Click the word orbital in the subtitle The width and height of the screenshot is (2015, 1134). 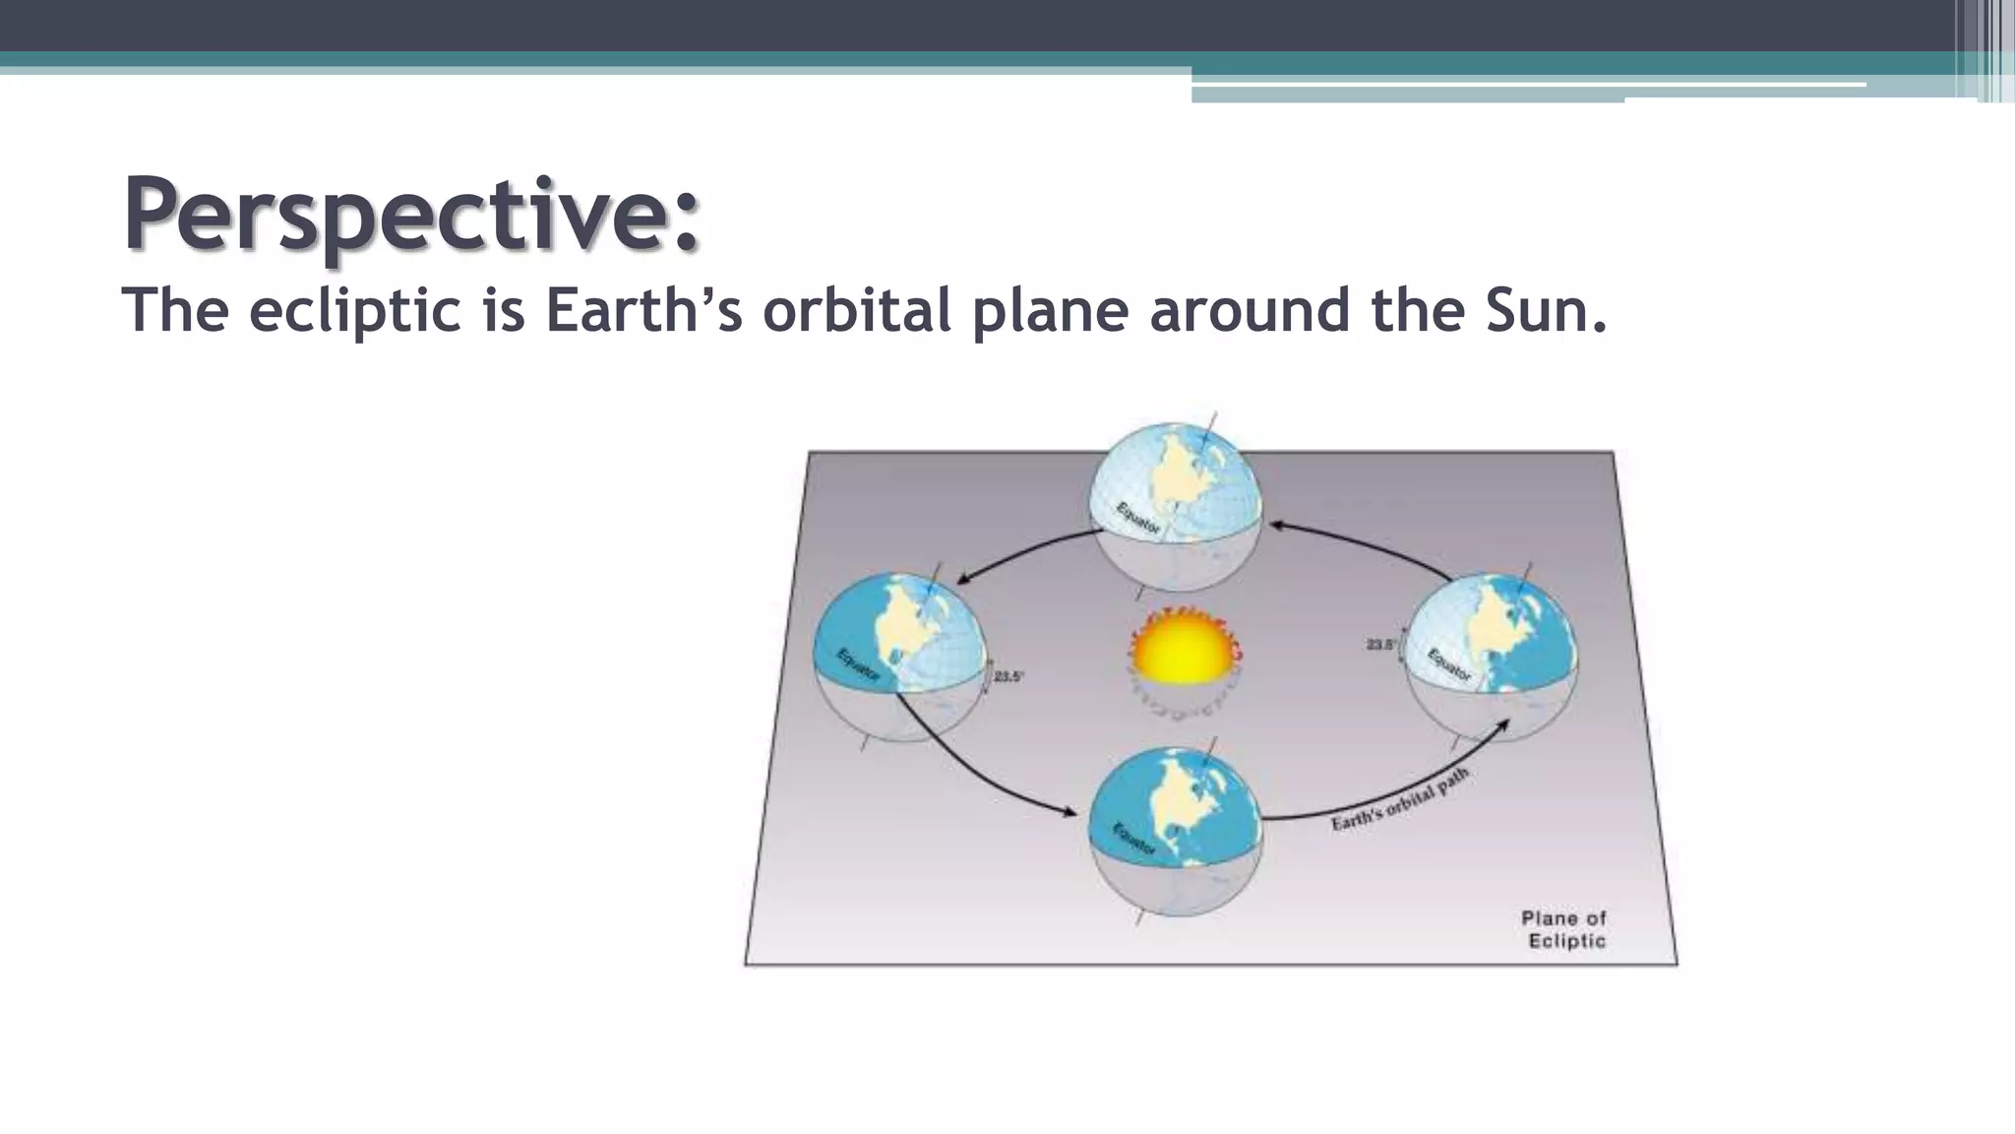[856, 310]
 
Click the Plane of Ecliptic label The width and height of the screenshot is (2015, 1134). [1565, 929]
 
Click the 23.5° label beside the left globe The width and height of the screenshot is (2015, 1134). [1008, 677]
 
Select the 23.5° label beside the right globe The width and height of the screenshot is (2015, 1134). [1380, 645]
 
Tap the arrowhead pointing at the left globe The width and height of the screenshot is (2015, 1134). [963, 580]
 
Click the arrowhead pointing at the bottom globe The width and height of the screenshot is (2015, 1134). [1071, 812]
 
